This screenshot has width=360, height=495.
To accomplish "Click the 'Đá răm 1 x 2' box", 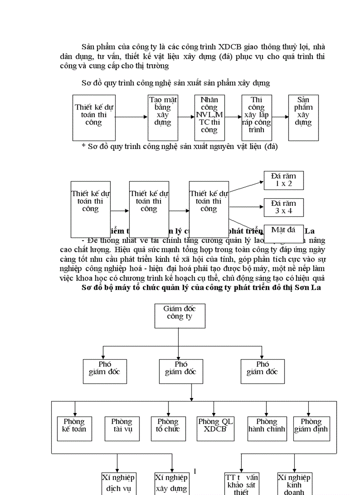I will [284, 180].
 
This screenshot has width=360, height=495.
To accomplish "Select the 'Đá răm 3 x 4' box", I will [284, 207].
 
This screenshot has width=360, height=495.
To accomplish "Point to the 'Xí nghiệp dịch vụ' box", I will [118, 484].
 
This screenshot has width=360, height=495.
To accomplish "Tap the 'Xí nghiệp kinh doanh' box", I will [294, 484].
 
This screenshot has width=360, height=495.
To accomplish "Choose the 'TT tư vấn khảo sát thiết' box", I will [241, 484].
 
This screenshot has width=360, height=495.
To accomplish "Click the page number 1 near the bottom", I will [195, 471].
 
